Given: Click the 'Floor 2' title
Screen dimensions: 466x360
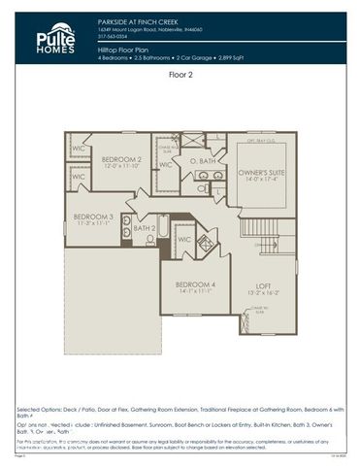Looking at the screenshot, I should [x=181, y=74].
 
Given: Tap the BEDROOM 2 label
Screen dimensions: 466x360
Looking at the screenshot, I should [x=122, y=158].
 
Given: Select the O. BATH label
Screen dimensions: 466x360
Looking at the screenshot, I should [x=201, y=159].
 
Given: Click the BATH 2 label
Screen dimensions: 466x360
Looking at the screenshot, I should [x=145, y=228].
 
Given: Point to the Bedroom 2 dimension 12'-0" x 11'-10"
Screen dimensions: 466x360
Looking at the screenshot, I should [x=122, y=166].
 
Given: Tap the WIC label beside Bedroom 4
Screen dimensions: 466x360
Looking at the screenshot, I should [x=183, y=238].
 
